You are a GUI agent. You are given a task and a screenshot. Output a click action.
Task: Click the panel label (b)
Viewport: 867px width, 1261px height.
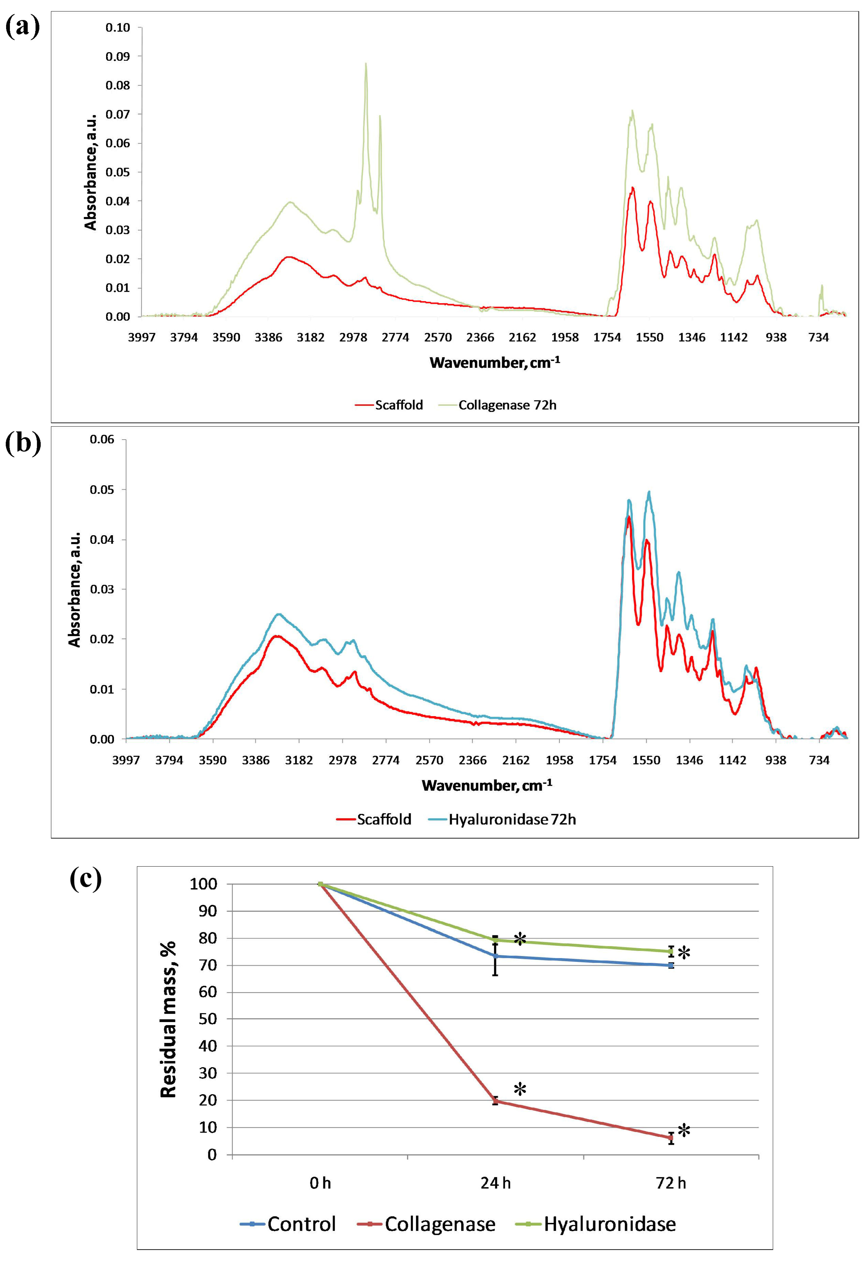(23, 443)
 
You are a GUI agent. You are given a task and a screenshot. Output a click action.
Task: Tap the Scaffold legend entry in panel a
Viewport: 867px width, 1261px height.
(398, 405)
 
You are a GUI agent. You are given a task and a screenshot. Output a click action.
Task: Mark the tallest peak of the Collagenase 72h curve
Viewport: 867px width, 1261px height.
(366, 64)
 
